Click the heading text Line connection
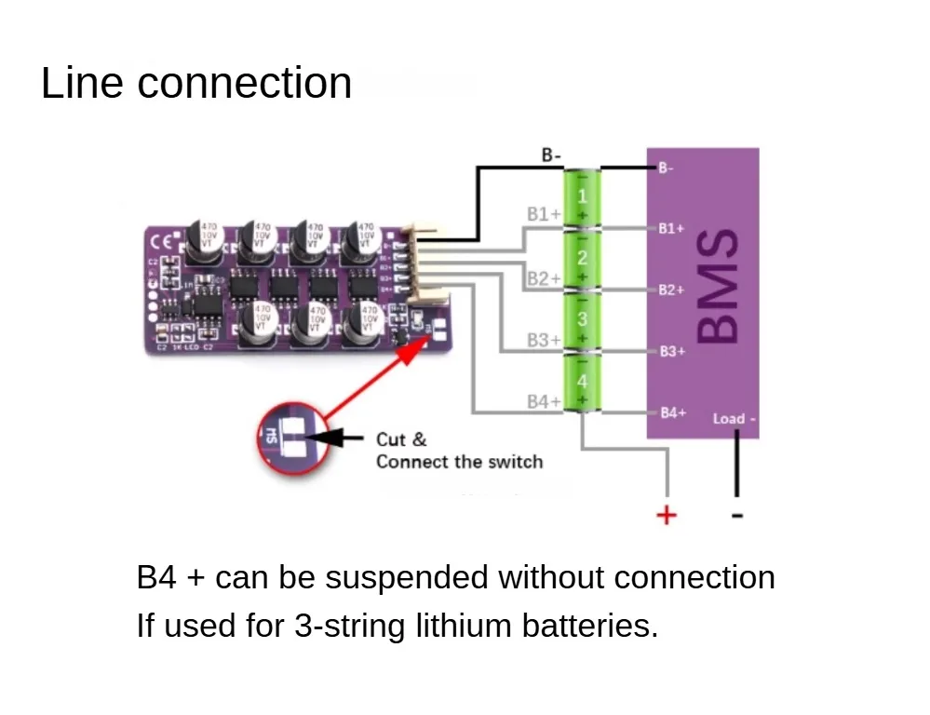coord(196,83)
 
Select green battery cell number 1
coord(583,197)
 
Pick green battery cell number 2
coord(583,258)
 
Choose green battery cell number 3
coord(583,319)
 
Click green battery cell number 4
coord(583,382)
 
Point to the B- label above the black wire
coord(551,155)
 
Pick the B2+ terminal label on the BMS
coord(671,290)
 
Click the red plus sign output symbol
coord(666,514)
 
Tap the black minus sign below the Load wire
coord(736,514)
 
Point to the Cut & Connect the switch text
coord(459,450)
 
